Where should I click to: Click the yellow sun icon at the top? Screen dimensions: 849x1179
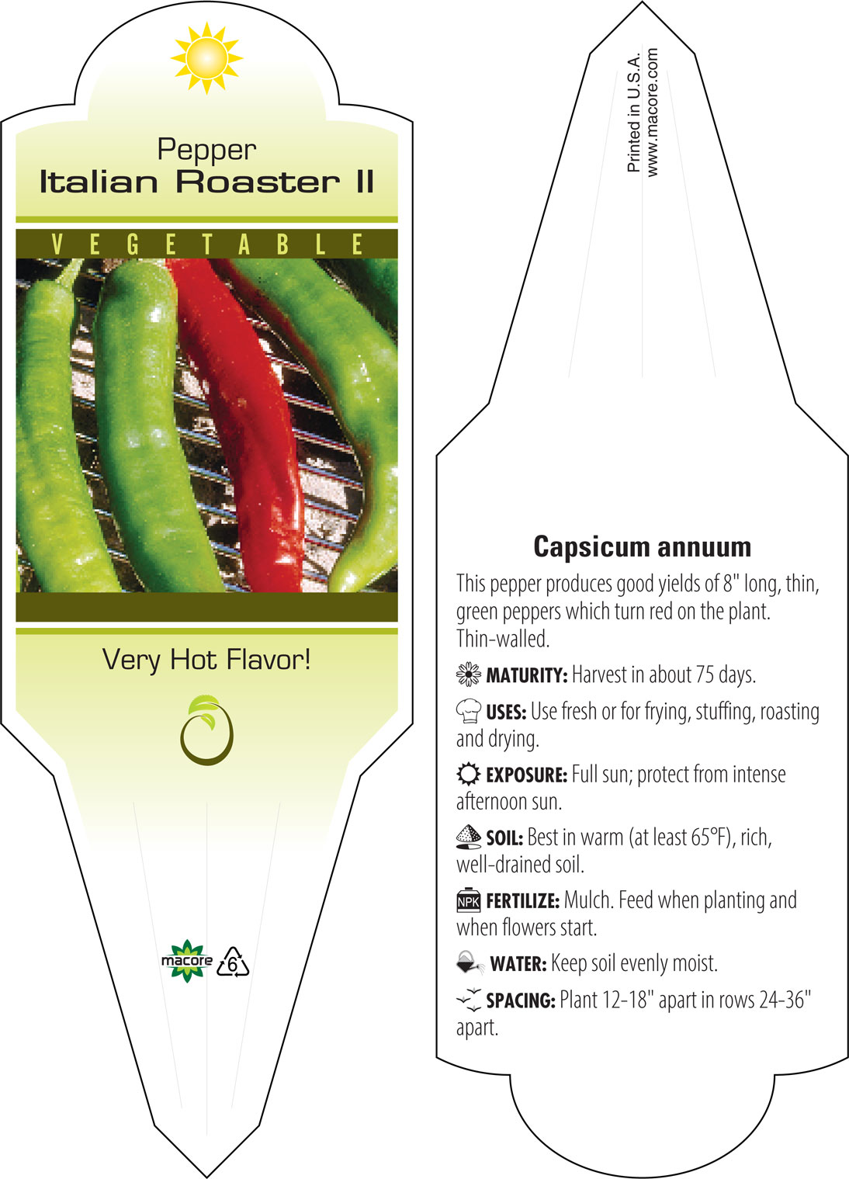click(206, 58)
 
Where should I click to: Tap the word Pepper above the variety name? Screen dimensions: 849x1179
click(207, 151)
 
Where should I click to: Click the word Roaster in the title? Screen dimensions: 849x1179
click(258, 182)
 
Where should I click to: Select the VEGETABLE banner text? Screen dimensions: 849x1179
click(207, 244)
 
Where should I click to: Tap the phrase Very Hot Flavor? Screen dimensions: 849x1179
click(206, 660)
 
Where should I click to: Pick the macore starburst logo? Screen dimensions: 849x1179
click(187, 961)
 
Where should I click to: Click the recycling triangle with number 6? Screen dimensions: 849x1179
click(233, 962)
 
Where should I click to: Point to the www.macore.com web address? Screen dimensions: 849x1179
click(652, 112)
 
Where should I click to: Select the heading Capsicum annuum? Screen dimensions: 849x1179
click(642, 547)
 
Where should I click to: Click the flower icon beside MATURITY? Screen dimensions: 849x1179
click(469, 674)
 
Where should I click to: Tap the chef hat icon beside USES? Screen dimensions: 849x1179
click(469, 710)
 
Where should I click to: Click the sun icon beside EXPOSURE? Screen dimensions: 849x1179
click(469, 775)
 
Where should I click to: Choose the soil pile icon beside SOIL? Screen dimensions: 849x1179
click(469, 837)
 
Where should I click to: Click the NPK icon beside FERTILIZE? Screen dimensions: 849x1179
click(469, 900)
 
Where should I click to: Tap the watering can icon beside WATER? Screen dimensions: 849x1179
click(470, 962)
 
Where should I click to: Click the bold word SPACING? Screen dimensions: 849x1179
click(521, 1000)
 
